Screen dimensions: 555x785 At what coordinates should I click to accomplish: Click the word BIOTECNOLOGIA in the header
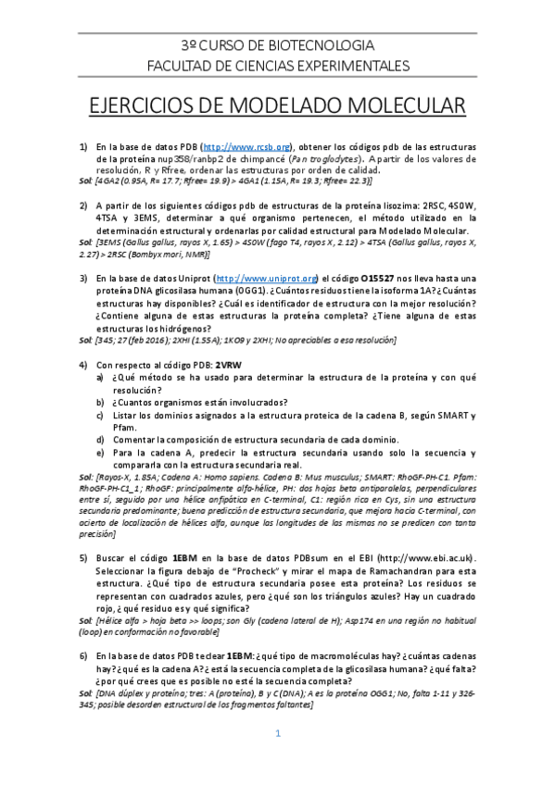coord(326,45)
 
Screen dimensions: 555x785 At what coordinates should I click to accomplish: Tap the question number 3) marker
coord(83,279)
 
